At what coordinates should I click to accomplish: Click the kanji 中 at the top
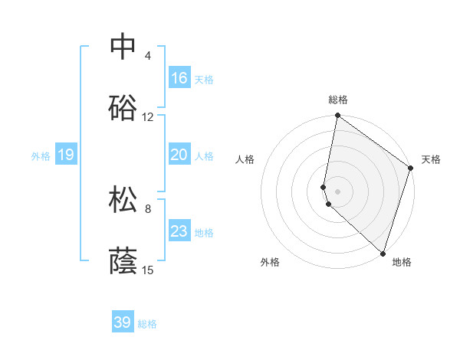[123, 46]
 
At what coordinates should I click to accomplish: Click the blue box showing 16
[179, 78]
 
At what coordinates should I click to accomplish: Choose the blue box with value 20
[179, 155]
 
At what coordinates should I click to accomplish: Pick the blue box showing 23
[179, 231]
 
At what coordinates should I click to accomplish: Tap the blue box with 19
[66, 155]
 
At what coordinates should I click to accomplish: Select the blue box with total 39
[123, 322]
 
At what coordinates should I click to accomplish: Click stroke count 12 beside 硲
[148, 117]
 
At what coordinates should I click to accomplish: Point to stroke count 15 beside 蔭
[148, 270]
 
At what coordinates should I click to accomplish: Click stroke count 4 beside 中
[148, 56]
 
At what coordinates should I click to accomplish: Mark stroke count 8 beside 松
[148, 208]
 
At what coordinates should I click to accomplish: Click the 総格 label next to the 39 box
[148, 324]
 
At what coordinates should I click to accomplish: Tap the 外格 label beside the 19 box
[41, 156]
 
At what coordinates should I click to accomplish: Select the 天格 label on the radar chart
[431, 159]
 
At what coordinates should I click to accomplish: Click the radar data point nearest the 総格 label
[337, 116]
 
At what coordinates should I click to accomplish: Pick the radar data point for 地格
[383, 253]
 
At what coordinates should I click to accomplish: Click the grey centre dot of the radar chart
[337, 191]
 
